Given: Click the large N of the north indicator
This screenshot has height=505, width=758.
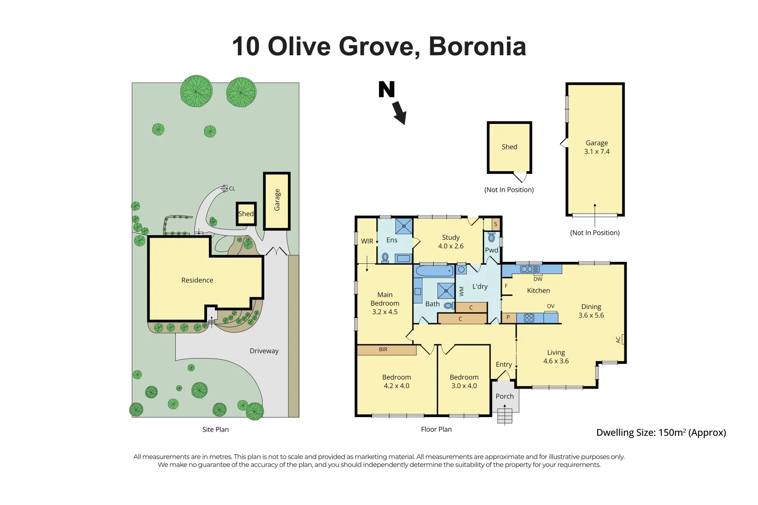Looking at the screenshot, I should point(386,89).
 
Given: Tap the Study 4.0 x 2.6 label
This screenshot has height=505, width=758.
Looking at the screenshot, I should point(451,242).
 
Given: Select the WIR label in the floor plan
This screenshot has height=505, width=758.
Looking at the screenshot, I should point(367,241).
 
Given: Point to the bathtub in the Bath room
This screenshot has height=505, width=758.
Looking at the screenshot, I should point(434,271).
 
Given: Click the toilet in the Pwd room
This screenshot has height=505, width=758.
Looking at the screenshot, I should point(492,238).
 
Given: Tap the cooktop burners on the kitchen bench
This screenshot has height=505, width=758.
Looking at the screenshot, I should point(529,318).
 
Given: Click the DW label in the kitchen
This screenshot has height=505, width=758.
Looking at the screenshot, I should point(538,279).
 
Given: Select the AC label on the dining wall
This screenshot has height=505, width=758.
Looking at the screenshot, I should point(618,339).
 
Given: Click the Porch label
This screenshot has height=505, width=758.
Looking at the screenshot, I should point(504,396).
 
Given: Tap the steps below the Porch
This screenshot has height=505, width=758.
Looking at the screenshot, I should point(505,416).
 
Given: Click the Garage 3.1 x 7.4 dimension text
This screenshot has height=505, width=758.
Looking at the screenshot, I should point(597,151).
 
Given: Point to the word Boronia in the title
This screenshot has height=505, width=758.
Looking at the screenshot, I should point(477,47).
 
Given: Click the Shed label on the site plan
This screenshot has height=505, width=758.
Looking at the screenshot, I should point(246,214).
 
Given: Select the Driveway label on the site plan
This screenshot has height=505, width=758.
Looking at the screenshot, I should point(264,351).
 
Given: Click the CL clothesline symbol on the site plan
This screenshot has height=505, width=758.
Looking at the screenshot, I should point(225,188).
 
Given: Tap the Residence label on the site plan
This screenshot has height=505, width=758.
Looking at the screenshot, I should point(197,280).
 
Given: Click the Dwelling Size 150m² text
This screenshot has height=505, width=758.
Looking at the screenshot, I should point(661,433).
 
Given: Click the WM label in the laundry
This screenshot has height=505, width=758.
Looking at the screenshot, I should point(462,291).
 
